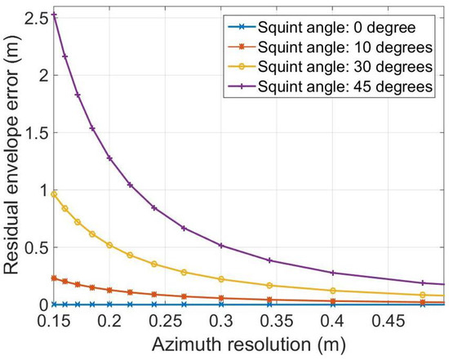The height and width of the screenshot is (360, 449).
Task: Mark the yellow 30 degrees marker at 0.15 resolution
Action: (x=54, y=193)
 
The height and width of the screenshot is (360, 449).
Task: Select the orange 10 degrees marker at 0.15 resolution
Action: (x=54, y=278)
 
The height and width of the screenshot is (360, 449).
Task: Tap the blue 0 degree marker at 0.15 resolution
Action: (x=54, y=304)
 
